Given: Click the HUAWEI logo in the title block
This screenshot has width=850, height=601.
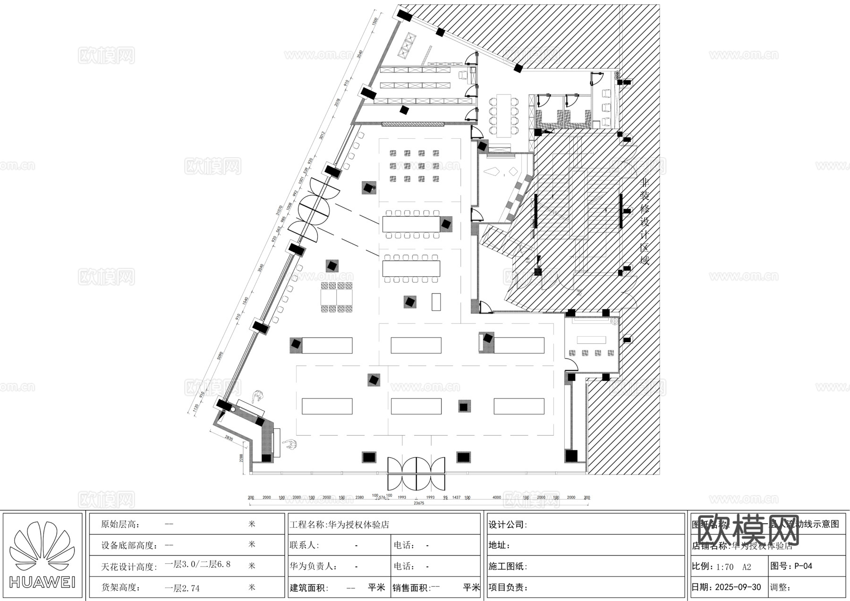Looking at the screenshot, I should [x=42, y=555].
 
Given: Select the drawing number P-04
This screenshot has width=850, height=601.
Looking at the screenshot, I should [x=803, y=566].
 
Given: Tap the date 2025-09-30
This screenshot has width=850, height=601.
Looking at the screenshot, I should [x=738, y=587].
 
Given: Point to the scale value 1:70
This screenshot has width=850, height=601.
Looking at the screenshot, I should [x=725, y=567].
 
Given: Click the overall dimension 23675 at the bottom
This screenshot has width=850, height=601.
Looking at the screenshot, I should [x=419, y=503].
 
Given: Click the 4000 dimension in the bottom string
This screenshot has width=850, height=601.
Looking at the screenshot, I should [x=497, y=497].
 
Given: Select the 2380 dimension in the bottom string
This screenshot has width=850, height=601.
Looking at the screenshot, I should [x=359, y=497].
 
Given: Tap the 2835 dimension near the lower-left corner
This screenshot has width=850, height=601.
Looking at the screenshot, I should [x=229, y=438].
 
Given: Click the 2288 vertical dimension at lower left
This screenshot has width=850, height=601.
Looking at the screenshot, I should [x=241, y=458].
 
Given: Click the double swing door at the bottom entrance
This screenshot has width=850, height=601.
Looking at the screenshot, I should [x=416, y=473].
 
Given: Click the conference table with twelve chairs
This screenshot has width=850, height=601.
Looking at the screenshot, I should [x=503, y=115].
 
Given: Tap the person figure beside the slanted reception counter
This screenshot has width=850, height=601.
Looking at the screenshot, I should [x=257, y=397].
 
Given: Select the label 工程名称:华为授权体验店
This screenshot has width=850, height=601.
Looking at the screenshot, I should [x=339, y=525].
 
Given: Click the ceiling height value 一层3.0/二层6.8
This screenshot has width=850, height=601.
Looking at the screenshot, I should [x=197, y=565].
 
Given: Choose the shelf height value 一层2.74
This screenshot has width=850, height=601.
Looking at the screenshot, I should [x=182, y=588].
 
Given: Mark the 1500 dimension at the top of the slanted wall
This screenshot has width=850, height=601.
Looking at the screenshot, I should [x=375, y=21].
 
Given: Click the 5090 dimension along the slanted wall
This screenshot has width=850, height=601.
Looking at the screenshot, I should [x=220, y=356].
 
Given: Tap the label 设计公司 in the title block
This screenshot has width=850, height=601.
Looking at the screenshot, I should [x=508, y=525].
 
